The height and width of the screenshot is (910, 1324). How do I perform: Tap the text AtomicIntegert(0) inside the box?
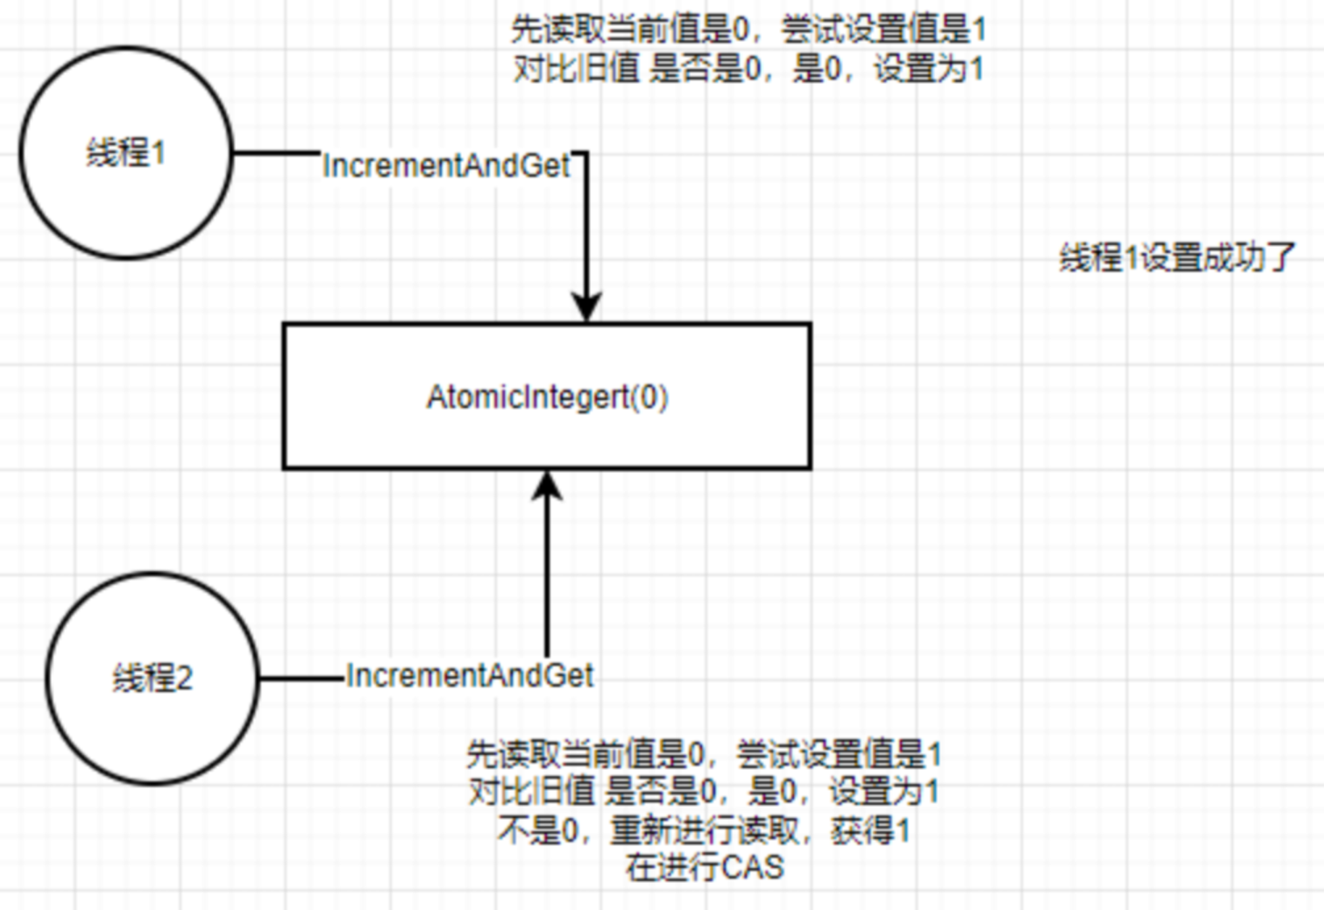pyautogui.click(x=547, y=397)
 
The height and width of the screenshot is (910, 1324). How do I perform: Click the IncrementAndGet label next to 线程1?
pyautogui.click(x=446, y=166)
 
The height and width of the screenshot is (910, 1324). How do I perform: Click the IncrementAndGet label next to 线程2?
pyautogui.click(x=469, y=675)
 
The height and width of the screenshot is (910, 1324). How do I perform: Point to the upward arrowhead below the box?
pyautogui.click(x=547, y=486)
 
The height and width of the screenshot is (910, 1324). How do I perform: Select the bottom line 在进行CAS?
pyautogui.click(x=704, y=867)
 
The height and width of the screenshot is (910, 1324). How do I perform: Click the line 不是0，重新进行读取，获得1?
pyautogui.click(x=704, y=830)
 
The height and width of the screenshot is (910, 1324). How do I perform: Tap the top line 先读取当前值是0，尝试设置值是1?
pyautogui.click(x=748, y=30)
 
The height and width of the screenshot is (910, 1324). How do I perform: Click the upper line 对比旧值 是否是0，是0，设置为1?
pyautogui.click(x=748, y=69)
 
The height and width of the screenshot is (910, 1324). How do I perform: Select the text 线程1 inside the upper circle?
pyautogui.click(x=125, y=153)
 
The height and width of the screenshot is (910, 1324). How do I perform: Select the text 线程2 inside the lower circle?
pyautogui.click(x=152, y=678)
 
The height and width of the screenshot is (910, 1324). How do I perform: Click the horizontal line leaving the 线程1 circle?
pyautogui.click(x=276, y=153)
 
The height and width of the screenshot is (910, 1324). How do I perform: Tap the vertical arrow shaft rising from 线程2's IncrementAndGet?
pyautogui.click(x=547, y=578)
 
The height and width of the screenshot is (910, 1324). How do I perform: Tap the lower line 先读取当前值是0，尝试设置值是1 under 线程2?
pyautogui.click(x=704, y=754)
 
